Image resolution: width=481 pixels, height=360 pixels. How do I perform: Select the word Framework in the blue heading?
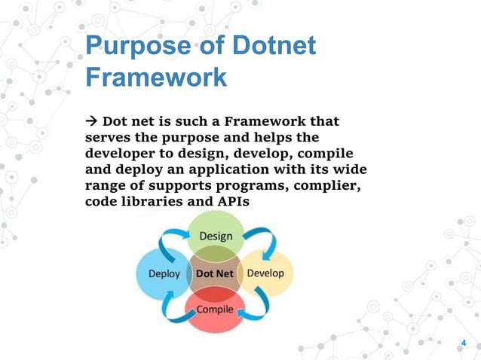[x=156, y=78]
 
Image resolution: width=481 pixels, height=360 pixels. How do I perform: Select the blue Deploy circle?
[x=161, y=273]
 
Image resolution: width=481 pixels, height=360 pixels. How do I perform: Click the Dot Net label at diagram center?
[x=215, y=273]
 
